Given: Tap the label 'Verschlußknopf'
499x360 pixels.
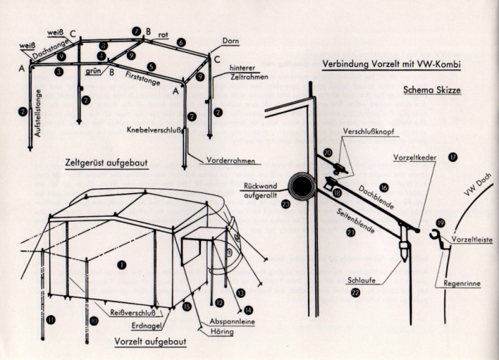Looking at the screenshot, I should [x=366, y=133].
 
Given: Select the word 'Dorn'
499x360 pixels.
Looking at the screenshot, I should [x=230, y=41].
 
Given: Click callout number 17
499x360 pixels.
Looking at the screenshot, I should [x=453, y=156].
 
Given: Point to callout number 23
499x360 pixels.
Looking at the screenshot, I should [x=286, y=203].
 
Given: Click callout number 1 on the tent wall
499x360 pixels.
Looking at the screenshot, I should [x=121, y=264].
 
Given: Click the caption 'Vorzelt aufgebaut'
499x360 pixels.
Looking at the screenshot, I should [x=150, y=341].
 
